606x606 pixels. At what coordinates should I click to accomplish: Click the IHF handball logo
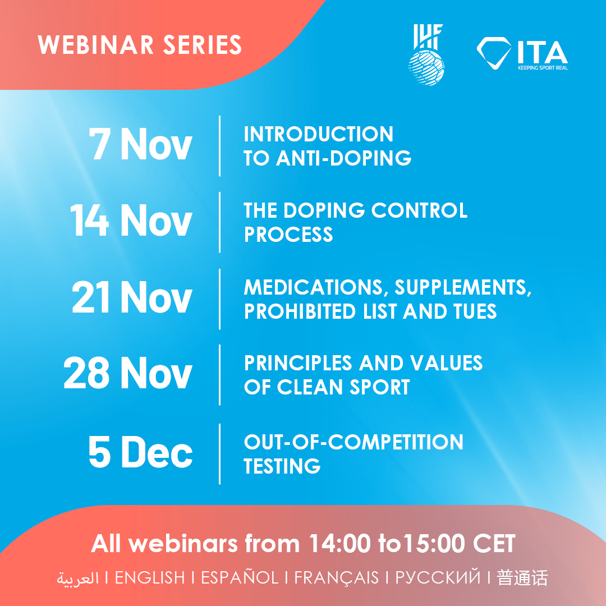[x=426, y=54]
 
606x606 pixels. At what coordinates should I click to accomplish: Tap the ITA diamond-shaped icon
[x=494, y=53]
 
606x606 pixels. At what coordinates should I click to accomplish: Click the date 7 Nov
[x=140, y=144]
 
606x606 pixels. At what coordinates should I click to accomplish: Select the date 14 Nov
[x=131, y=220]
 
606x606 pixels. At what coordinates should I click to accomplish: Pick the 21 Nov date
[x=132, y=296]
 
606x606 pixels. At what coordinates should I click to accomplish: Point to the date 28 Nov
[x=128, y=373]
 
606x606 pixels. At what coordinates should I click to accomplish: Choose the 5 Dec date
[x=140, y=451]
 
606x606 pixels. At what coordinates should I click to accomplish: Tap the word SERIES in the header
[x=203, y=45]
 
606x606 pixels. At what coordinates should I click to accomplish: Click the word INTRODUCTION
[x=319, y=134]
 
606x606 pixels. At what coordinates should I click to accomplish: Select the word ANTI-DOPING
[x=343, y=158]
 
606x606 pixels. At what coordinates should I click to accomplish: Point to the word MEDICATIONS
[x=314, y=288]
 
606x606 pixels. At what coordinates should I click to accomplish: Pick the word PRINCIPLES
[x=298, y=363]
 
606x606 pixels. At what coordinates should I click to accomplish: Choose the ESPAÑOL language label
[x=240, y=577]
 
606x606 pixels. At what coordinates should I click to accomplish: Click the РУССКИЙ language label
[x=438, y=577]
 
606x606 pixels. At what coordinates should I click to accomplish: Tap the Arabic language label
[x=77, y=579]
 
